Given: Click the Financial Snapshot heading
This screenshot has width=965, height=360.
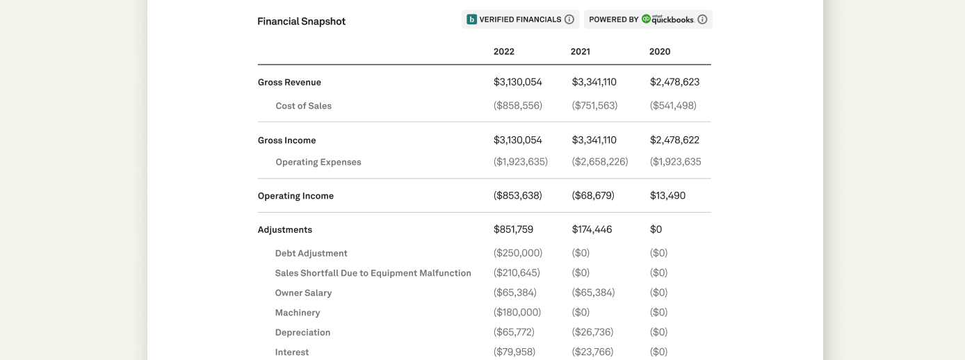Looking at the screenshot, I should [301, 22].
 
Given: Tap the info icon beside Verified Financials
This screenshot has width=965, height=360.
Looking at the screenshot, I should [569, 19].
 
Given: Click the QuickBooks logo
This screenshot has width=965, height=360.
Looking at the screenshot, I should [667, 19].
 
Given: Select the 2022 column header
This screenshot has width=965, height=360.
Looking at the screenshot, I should [504, 51].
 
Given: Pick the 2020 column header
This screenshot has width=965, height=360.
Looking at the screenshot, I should [660, 51].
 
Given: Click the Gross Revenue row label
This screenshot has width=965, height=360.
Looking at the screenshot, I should [289, 82].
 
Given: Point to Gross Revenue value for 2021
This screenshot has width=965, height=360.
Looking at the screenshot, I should [594, 82].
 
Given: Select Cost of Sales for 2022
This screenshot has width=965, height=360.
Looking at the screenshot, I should [517, 106].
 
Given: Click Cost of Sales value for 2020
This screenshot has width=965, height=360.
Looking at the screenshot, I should [673, 106].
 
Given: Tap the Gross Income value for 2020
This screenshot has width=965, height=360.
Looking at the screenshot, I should [674, 140].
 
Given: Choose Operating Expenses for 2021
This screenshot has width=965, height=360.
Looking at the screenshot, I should [599, 162].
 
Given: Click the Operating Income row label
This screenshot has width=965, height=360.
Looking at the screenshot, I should [295, 196].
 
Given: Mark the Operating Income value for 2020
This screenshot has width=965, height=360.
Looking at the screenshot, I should [667, 196].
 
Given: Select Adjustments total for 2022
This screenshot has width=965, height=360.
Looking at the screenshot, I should [513, 229].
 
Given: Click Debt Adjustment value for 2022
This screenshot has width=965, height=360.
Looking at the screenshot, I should [517, 253].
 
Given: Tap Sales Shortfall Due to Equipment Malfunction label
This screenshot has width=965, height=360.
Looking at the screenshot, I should [373, 273].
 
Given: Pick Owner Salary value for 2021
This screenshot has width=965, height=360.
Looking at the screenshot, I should [593, 293].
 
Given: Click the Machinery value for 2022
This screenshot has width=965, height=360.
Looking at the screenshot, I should [517, 313].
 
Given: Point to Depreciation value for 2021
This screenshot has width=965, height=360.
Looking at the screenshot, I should [592, 332].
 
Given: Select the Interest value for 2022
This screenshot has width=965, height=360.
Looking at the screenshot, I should [514, 352].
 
